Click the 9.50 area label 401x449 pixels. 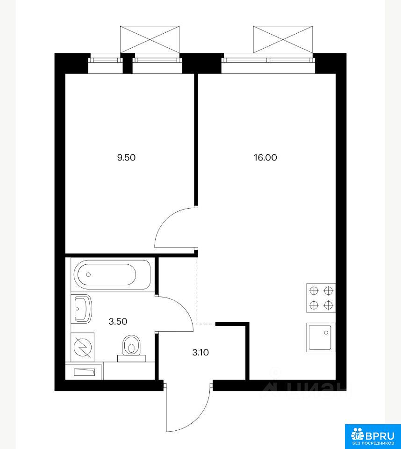[x=126, y=158]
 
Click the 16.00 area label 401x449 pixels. [x=265, y=158]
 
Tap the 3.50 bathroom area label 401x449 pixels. [x=118, y=322]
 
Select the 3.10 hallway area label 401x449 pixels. [x=200, y=353]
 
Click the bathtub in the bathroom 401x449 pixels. [x=112, y=275]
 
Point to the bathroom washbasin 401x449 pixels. [x=82, y=309]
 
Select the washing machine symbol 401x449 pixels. [x=82, y=347]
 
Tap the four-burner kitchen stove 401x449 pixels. [x=321, y=298]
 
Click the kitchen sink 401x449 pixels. [x=321, y=337]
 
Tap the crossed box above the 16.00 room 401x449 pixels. [x=283, y=39]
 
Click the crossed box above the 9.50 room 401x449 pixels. [x=150, y=39]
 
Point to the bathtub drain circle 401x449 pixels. [x=88, y=275]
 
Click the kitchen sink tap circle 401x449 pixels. [x=326, y=333]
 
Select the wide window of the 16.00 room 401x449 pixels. [x=268, y=60]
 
